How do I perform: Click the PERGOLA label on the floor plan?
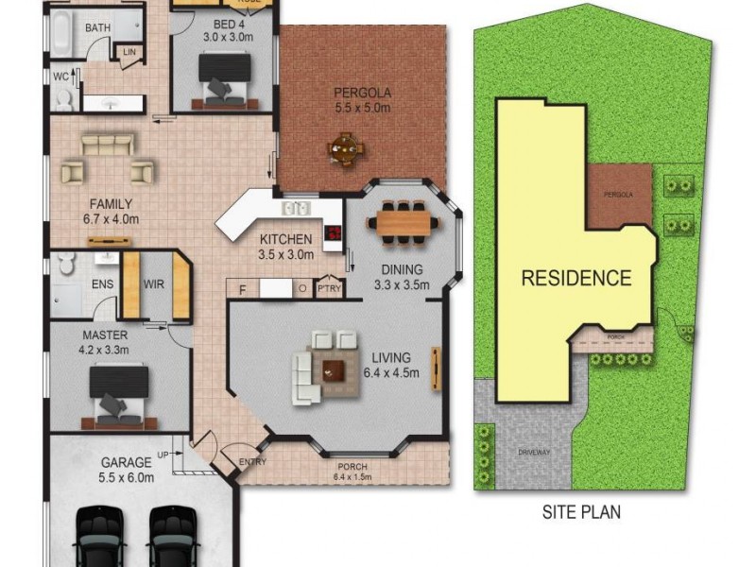coord(362,93)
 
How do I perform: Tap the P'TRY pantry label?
coord(329,288)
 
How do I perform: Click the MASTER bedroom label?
coord(104,335)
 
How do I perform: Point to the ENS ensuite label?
coord(102,283)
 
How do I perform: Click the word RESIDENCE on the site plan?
coord(576,279)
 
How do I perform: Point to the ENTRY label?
coord(253,462)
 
